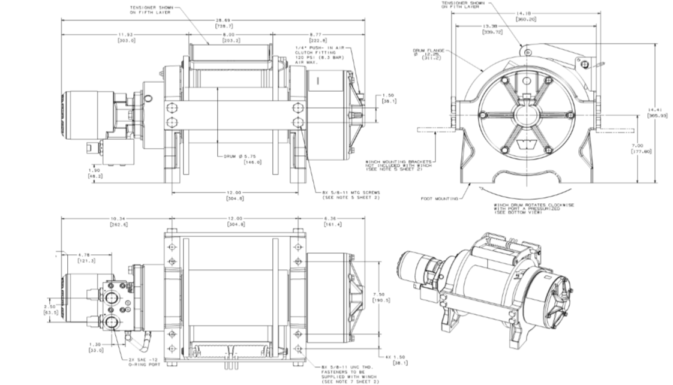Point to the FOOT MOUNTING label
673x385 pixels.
pos(438,198)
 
